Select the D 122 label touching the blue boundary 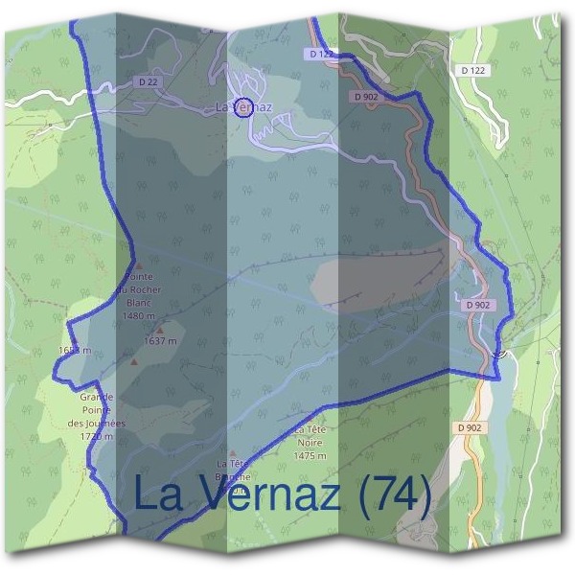pos(322,55)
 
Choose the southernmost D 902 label pos(470,426)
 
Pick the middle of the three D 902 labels pos(479,305)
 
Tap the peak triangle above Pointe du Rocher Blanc pos(139,266)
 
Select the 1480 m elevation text pos(139,314)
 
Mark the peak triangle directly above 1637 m pos(160,330)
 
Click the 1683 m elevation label pos(75,351)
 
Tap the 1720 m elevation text pos(97,436)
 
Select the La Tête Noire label pos(311,437)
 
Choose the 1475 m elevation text pos(311,456)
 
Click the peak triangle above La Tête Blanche pos(232,451)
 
